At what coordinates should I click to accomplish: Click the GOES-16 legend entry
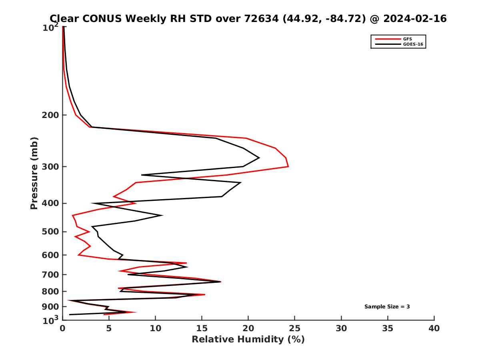(x=412, y=44)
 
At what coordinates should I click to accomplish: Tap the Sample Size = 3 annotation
(x=387, y=307)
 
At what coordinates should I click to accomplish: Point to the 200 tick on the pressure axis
(x=50, y=115)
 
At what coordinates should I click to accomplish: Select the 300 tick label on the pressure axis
(x=50, y=167)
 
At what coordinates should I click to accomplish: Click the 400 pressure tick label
(x=50, y=203)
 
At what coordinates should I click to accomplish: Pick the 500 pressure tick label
(x=50, y=232)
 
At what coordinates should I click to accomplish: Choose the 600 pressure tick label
(x=50, y=255)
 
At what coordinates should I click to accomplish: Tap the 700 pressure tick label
(x=50, y=274)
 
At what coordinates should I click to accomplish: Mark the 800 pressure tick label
(x=50, y=292)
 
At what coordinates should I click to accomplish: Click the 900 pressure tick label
(x=50, y=307)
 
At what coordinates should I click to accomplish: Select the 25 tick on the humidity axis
(x=295, y=329)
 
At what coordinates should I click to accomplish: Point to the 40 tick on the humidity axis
(x=434, y=329)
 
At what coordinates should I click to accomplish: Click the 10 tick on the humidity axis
(x=155, y=329)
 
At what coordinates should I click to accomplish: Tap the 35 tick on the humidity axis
(x=388, y=329)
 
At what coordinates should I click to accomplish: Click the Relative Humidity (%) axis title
(x=248, y=340)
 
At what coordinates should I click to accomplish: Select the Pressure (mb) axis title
(x=34, y=173)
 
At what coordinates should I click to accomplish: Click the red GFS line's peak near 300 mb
(x=288, y=166)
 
